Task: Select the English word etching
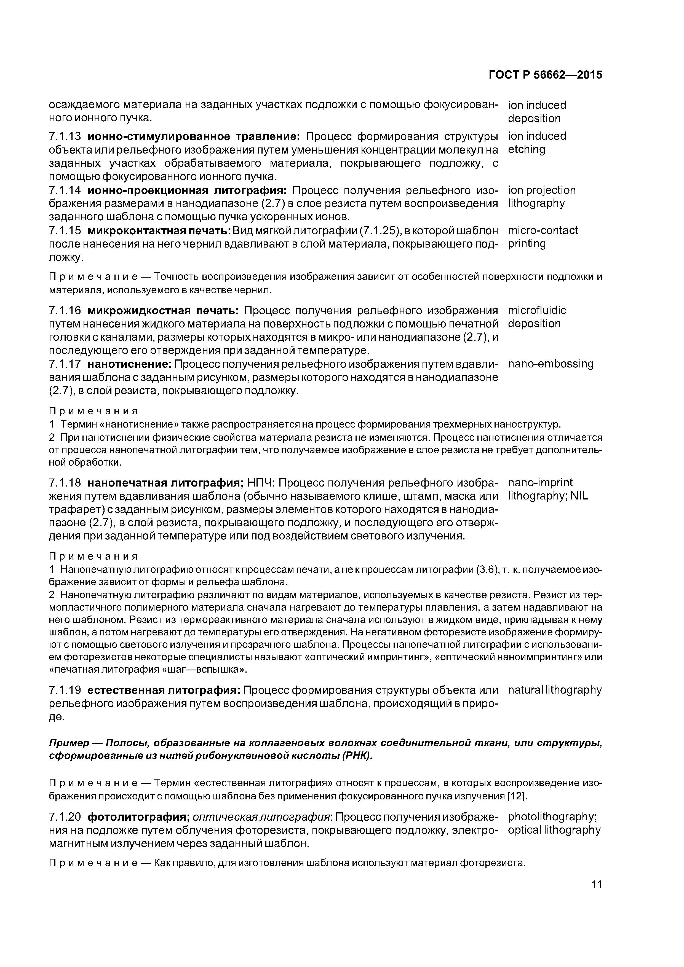tap(527, 149)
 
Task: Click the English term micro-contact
tap(543, 230)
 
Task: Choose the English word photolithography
tap(552, 817)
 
